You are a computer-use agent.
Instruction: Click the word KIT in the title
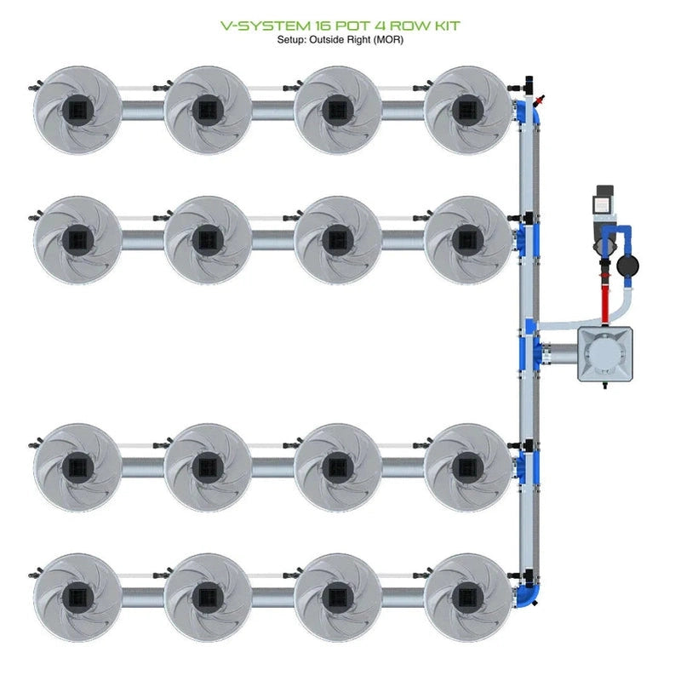(x=441, y=26)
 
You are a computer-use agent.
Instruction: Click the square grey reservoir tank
(x=608, y=353)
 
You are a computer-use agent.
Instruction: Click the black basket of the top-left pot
(x=77, y=109)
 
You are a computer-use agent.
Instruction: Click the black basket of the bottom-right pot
(x=467, y=596)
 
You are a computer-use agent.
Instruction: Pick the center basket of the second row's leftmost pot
(x=77, y=239)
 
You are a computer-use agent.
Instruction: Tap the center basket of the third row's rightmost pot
(x=467, y=466)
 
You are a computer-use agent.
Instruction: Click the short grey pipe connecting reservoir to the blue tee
(x=560, y=352)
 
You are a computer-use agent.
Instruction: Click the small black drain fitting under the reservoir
(x=606, y=387)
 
